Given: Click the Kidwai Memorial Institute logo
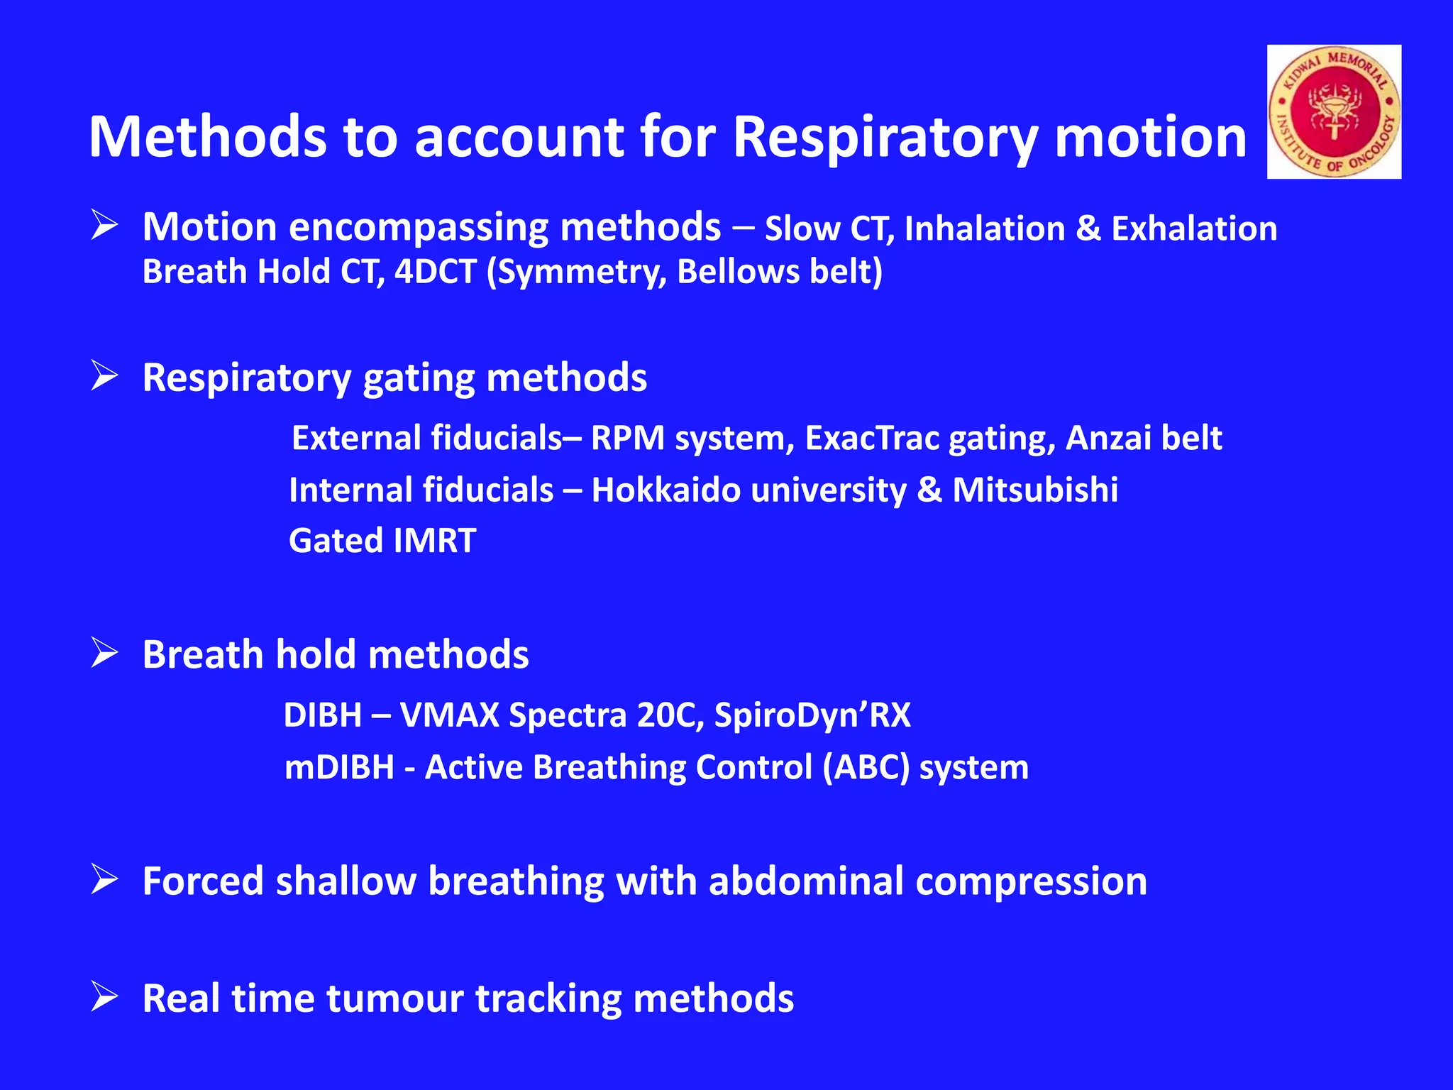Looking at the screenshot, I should (1334, 111).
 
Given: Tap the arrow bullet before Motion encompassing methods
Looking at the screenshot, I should (104, 226).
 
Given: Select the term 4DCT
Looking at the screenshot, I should (435, 272).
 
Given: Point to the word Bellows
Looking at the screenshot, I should (738, 272).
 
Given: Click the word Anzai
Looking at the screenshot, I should (1107, 438).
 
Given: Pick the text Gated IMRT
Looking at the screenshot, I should (382, 541).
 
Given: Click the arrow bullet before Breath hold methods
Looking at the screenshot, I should (104, 654).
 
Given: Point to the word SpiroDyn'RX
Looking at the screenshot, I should (812, 715).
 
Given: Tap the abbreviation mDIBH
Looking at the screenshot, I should (339, 767).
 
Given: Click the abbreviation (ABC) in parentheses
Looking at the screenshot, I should (866, 767).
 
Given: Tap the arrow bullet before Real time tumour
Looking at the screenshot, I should (104, 998).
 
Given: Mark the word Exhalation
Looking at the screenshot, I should (1194, 229).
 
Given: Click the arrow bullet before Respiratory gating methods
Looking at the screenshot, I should (104, 376).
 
